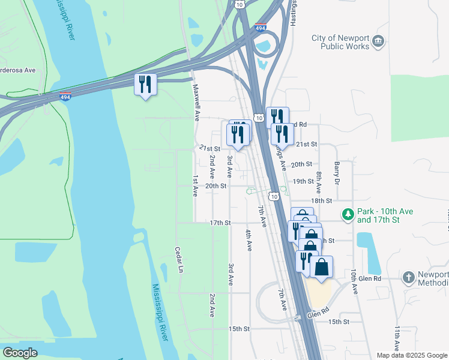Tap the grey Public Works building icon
pos(378,41)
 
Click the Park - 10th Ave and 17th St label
pos(378,216)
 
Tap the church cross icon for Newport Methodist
pos(408,277)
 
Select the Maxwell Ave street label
pos(196,103)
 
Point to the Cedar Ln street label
pos(178,259)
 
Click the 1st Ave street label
pos(195,186)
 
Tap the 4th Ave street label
pos(249,239)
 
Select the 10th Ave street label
pos(354,281)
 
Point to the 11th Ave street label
pos(397,339)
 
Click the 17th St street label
pos(220,223)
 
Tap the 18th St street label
pos(321,200)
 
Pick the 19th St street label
pos(303,181)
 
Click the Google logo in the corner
pos(20,352)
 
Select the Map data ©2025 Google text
pos(411,355)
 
